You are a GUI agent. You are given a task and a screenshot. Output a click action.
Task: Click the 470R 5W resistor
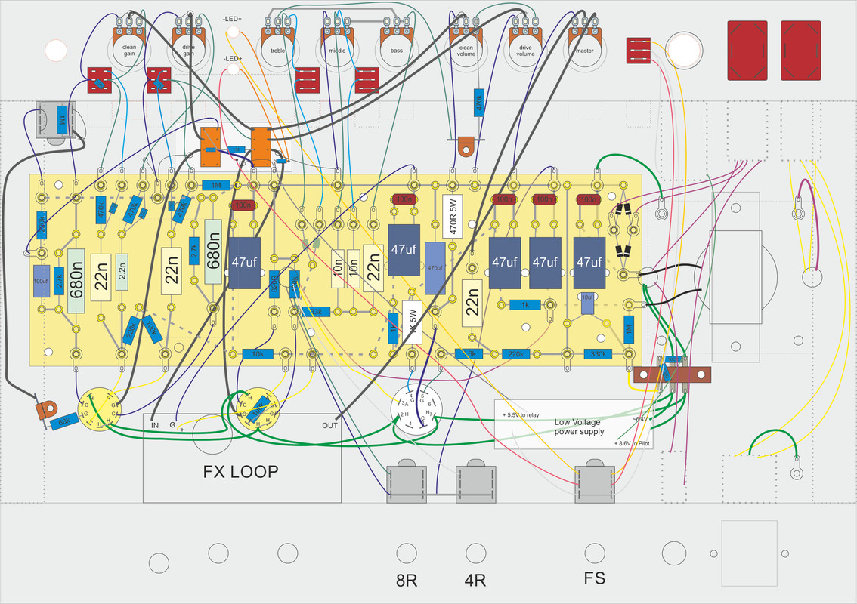[x=453, y=217]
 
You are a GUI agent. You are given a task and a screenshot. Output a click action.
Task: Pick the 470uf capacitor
[x=435, y=268]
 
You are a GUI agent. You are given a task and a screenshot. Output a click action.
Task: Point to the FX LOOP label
[x=241, y=472]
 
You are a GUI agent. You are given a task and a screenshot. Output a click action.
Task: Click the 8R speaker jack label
[x=407, y=581]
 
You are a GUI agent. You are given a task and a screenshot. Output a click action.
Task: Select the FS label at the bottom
[x=594, y=580]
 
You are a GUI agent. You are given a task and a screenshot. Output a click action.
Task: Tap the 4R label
[x=475, y=581]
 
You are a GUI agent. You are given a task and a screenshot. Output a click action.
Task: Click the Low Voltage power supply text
[x=579, y=427]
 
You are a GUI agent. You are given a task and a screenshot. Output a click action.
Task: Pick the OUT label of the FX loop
[x=329, y=425]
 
